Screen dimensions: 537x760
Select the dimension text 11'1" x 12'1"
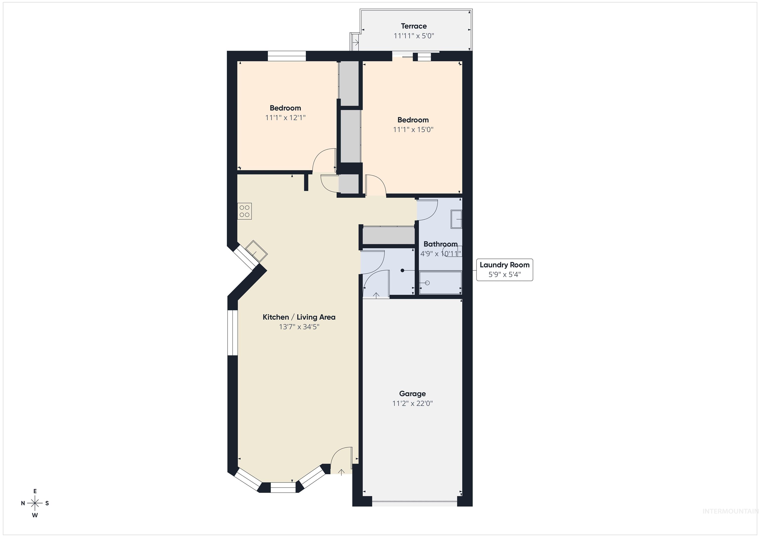click(285, 118)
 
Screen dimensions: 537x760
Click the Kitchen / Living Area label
click(299, 317)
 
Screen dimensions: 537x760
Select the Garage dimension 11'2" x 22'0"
click(412, 403)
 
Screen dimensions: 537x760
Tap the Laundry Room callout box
click(504, 270)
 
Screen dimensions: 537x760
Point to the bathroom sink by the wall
click(456, 219)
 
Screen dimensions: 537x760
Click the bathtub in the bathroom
click(440, 283)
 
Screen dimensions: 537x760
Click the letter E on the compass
click(35, 491)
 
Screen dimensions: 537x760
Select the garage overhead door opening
click(414, 503)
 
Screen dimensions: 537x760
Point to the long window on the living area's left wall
click(233, 333)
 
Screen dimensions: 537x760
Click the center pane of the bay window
click(283, 488)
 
